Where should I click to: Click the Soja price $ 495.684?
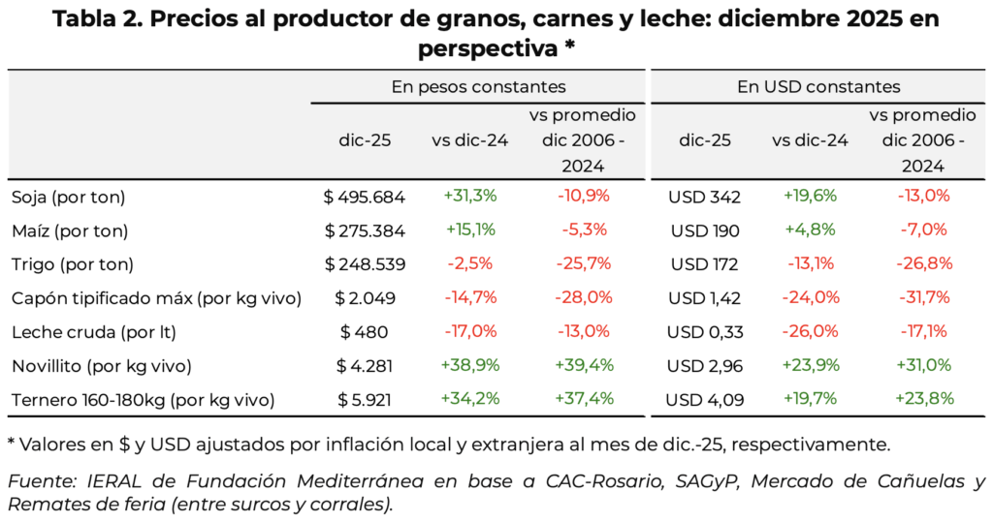[x=364, y=197]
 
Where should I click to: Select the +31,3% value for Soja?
[x=469, y=196]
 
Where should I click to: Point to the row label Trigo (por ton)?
[x=73, y=264]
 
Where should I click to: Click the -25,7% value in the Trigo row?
[x=583, y=264]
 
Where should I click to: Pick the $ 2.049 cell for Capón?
[x=364, y=298]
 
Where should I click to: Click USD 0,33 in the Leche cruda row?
[x=704, y=332]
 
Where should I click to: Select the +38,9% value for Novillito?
[x=469, y=365]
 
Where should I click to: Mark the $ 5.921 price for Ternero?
[x=364, y=399]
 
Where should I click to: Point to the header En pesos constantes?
[x=478, y=87]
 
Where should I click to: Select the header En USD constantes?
[x=818, y=87]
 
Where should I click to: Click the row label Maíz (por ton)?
[x=70, y=230]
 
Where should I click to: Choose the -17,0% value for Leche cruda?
[x=469, y=332]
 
